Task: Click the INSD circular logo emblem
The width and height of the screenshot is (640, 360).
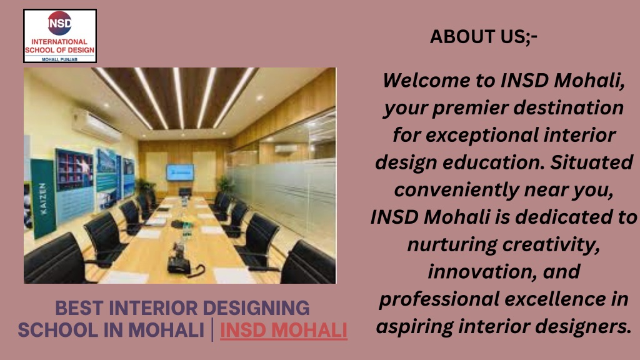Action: tap(59, 23)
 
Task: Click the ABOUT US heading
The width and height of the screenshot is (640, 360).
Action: tap(483, 37)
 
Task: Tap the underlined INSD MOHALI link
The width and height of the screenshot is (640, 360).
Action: tap(284, 330)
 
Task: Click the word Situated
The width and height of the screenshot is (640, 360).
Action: tap(592, 162)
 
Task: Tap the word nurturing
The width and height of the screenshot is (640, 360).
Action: tap(452, 245)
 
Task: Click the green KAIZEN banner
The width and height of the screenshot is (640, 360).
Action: tap(43, 198)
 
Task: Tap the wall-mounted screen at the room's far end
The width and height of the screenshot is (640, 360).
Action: tap(180, 172)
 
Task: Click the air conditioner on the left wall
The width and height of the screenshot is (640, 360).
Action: tap(96, 125)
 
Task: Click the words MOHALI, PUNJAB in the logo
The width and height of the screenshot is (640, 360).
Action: tap(59, 59)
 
